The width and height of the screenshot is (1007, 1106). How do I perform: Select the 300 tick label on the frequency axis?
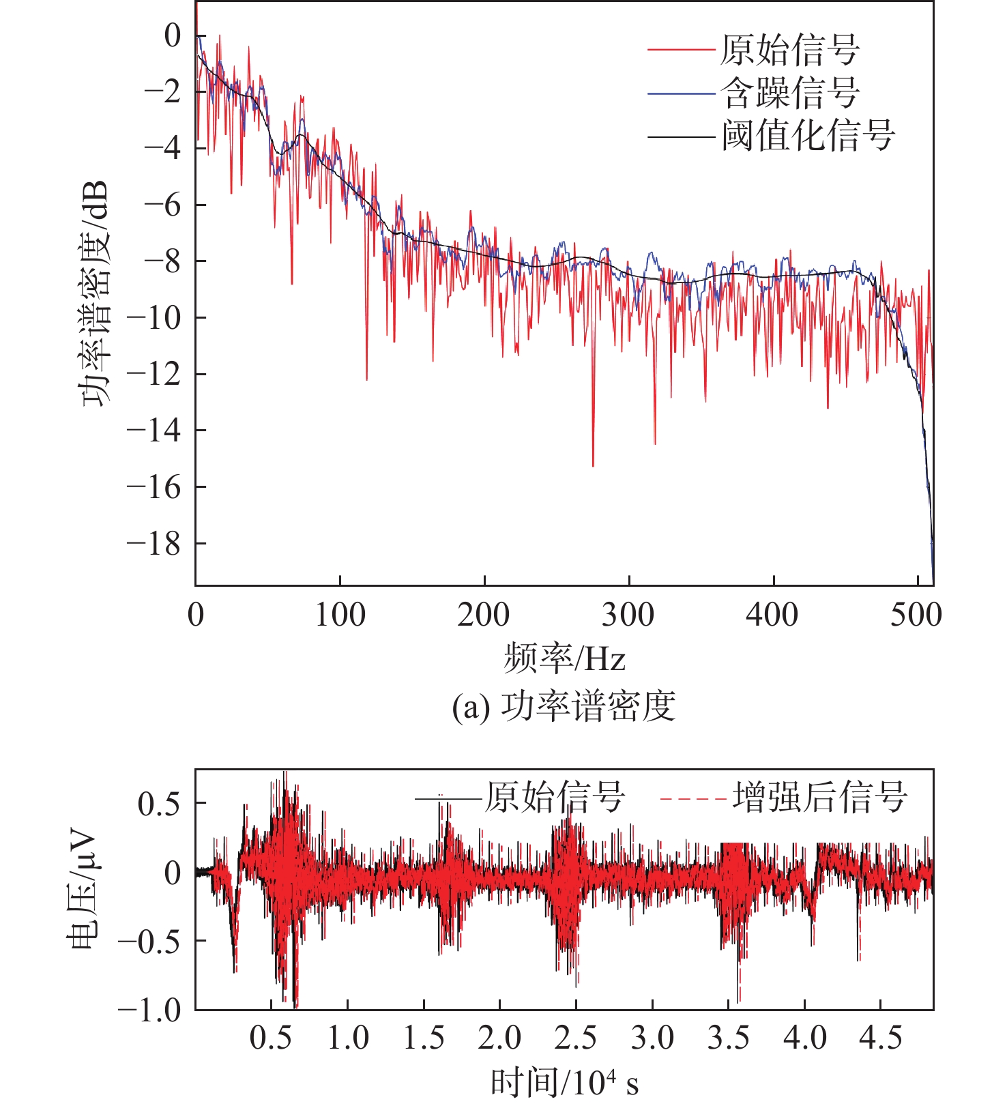(x=628, y=615)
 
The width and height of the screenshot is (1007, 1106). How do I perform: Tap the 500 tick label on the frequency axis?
(x=916, y=615)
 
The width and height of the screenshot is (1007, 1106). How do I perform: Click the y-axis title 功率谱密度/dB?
(x=95, y=293)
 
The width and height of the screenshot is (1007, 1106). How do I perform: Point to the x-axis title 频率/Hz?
(x=564, y=658)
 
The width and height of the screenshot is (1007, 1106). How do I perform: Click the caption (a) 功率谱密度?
(x=564, y=706)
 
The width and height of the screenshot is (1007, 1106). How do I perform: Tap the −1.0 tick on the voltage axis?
(x=149, y=1010)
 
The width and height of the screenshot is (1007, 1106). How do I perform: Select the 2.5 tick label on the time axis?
(x=575, y=1038)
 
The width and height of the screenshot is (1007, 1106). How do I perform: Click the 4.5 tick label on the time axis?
(x=880, y=1038)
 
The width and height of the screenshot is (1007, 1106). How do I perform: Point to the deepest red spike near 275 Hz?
(x=593, y=466)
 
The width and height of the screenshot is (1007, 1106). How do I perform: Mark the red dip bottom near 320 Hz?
(x=655, y=444)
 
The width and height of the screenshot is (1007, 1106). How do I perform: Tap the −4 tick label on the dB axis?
(x=162, y=148)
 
